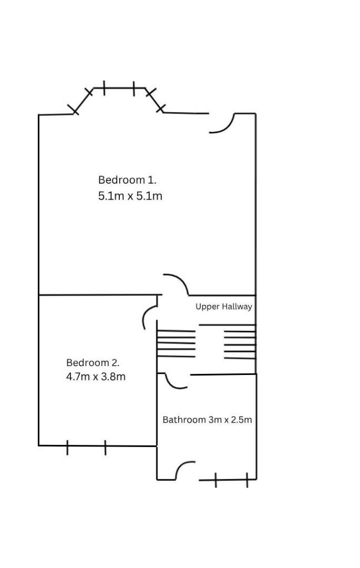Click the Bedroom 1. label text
pyautogui.click(x=127, y=180)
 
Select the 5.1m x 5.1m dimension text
pyautogui.click(x=130, y=196)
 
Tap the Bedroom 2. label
pyautogui.click(x=93, y=363)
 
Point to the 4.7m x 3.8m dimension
pyautogui.click(x=95, y=377)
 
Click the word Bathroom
pyautogui.click(x=184, y=420)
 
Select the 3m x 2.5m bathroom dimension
pyautogui.click(x=230, y=420)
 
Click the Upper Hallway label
pyautogui.click(x=224, y=307)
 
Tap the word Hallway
pyautogui.click(x=237, y=307)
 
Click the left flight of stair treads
pyautogui.click(x=176, y=343)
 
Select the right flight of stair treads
pyautogui.click(x=240, y=342)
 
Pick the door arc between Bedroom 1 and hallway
pyautogui.click(x=176, y=283)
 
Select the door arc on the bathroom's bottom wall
pyautogui.click(x=184, y=470)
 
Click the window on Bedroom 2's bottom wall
pyautogui.click(x=86, y=447)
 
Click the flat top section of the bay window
pyautogui.click(x=119, y=88)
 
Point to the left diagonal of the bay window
pyautogui.click(x=84, y=101)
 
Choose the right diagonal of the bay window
pyautogui.click(x=155, y=100)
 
